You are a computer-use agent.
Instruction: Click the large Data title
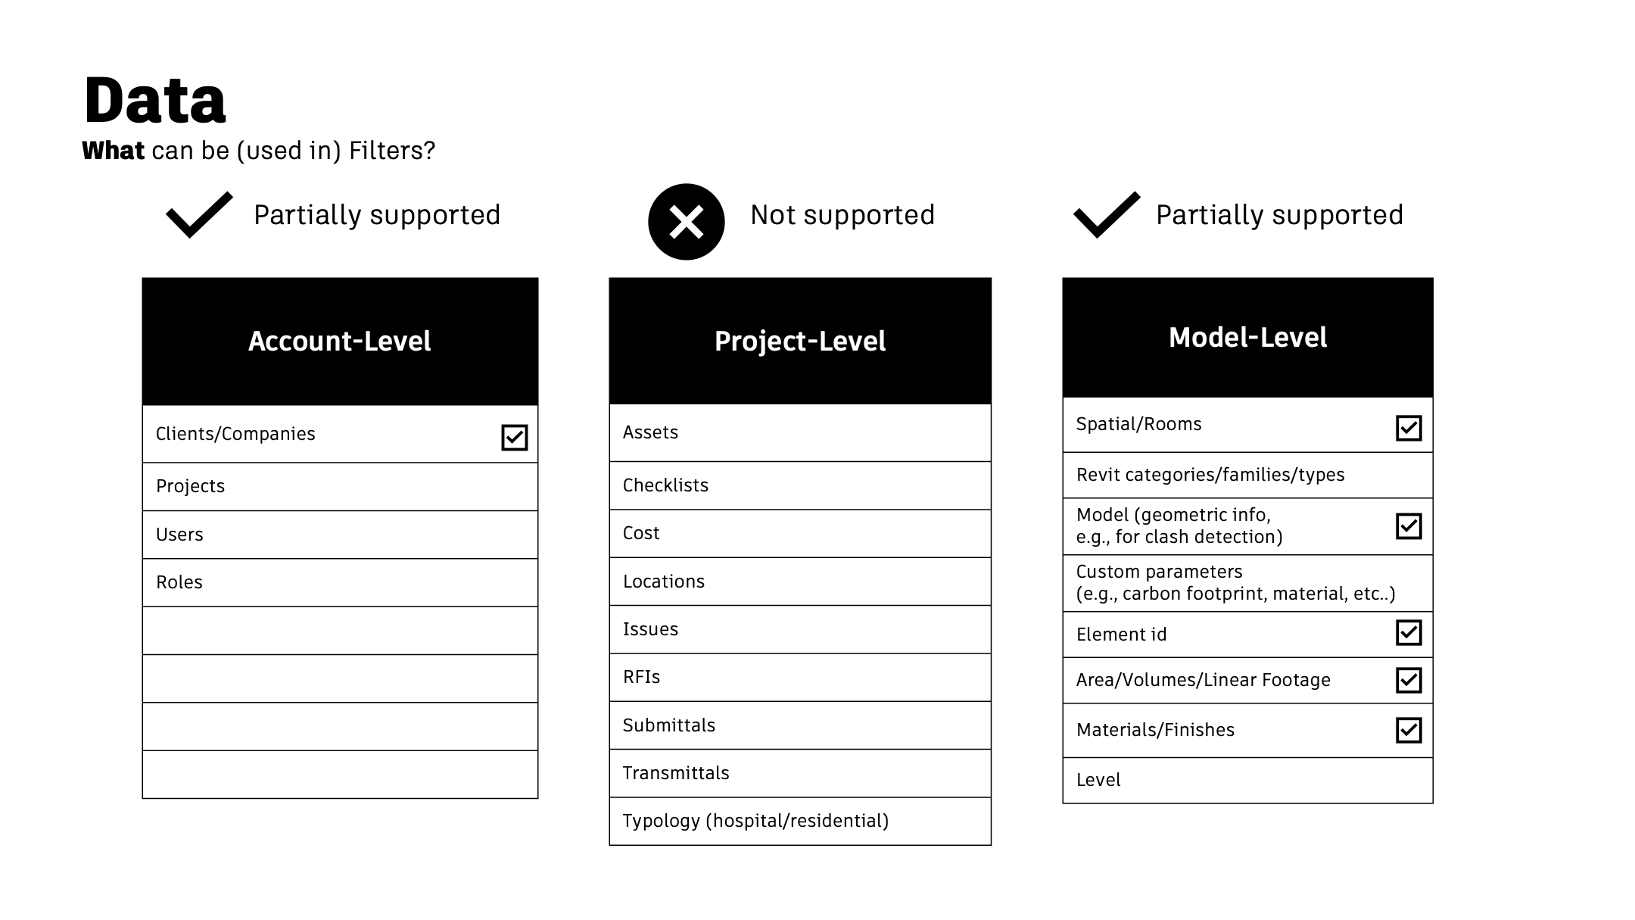click(154, 100)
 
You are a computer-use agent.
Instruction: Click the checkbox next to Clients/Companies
click(515, 437)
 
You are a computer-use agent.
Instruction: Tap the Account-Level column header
click(340, 341)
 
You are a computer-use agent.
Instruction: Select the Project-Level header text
click(800, 341)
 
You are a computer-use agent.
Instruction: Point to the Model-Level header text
click(1247, 338)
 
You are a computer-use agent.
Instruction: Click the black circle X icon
click(687, 222)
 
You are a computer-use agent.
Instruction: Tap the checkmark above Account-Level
click(199, 215)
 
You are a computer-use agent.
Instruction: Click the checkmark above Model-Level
click(1107, 215)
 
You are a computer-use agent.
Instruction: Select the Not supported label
click(842, 215)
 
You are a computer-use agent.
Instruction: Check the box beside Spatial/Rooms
click(1409, 428)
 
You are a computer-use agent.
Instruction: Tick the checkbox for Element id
click(1409, 633)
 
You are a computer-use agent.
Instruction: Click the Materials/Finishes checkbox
click(1409, 730)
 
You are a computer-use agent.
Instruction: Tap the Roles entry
click(179, 582)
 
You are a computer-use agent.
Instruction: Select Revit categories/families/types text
click(1210, 475)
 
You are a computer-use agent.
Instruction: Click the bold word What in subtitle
click(113, 151)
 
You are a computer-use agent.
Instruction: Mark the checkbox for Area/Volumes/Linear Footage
click(1409, 680)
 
